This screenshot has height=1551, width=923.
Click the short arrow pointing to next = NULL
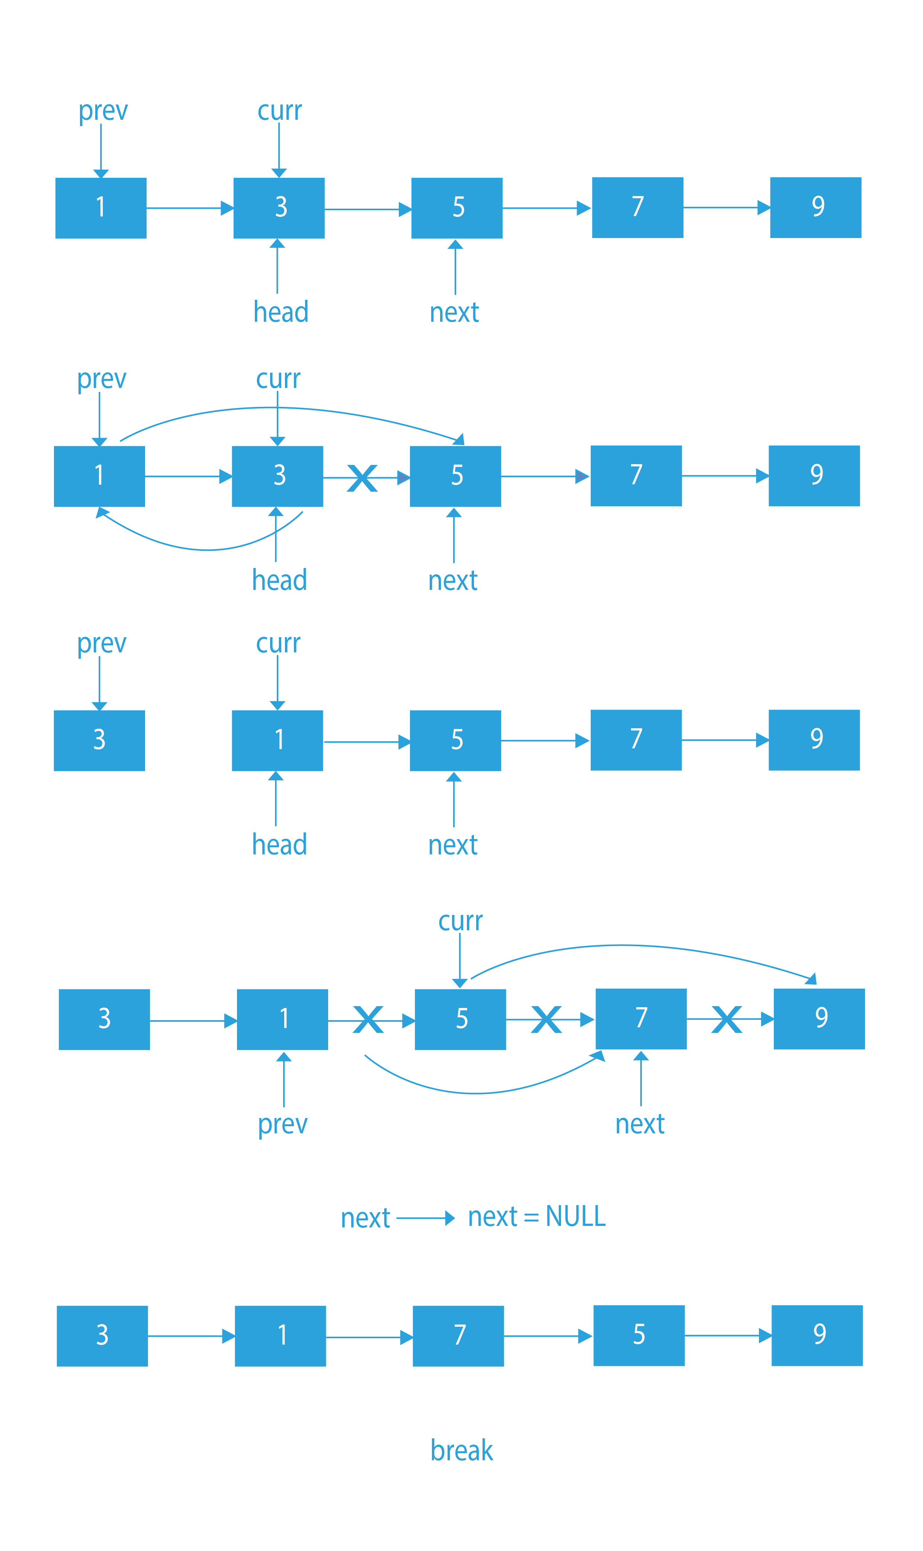pyautogui.click(x=426, y=1218)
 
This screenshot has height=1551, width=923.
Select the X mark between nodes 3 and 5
pyautogui.click(x=362, y=478)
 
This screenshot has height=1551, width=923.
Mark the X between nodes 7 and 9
pyautogui.click(x=727, y=1019)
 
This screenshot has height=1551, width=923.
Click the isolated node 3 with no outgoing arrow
pyautogui.click(x=99, y=741)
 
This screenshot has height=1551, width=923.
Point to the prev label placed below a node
pyautogui.click(x=283, y=1124)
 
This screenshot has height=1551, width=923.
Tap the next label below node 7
pyautogui.click(x=640, y=1124)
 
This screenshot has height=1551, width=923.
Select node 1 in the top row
pyautogui.click(x=101, y=208)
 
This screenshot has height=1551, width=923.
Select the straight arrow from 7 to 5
pyautogui.click(x=547, y=1336)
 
